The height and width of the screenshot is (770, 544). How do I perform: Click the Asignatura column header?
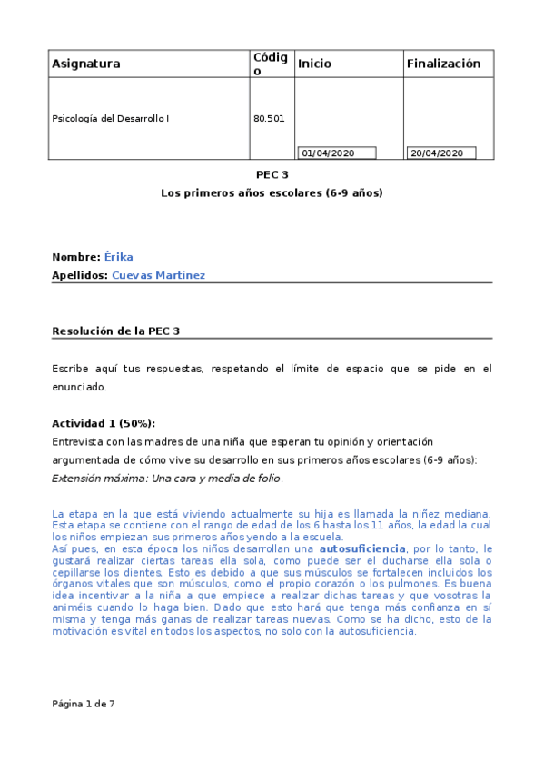click(86, 64)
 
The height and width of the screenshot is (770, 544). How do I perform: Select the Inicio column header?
click(314, 64)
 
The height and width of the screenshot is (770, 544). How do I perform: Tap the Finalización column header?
click(443, 64)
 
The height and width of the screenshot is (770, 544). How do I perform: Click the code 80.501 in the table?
click(267, 118)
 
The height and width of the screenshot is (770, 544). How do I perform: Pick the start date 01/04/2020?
click(328, 153)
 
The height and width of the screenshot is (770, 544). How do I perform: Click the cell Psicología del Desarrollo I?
click(111, 118)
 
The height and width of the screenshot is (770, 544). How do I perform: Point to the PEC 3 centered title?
click(272, 175)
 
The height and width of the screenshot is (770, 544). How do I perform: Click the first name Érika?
click(119, 257)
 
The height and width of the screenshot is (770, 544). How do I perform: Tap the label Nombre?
click(76, 257)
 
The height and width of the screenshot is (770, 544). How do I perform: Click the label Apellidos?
click(80, 274)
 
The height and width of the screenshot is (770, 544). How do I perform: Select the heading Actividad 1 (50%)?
click(104, 423)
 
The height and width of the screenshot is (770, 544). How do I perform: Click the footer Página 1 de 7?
click(84, 703)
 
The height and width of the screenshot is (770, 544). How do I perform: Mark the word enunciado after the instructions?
click(79, 387)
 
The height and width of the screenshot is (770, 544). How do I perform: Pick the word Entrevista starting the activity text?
click(78, 441)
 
